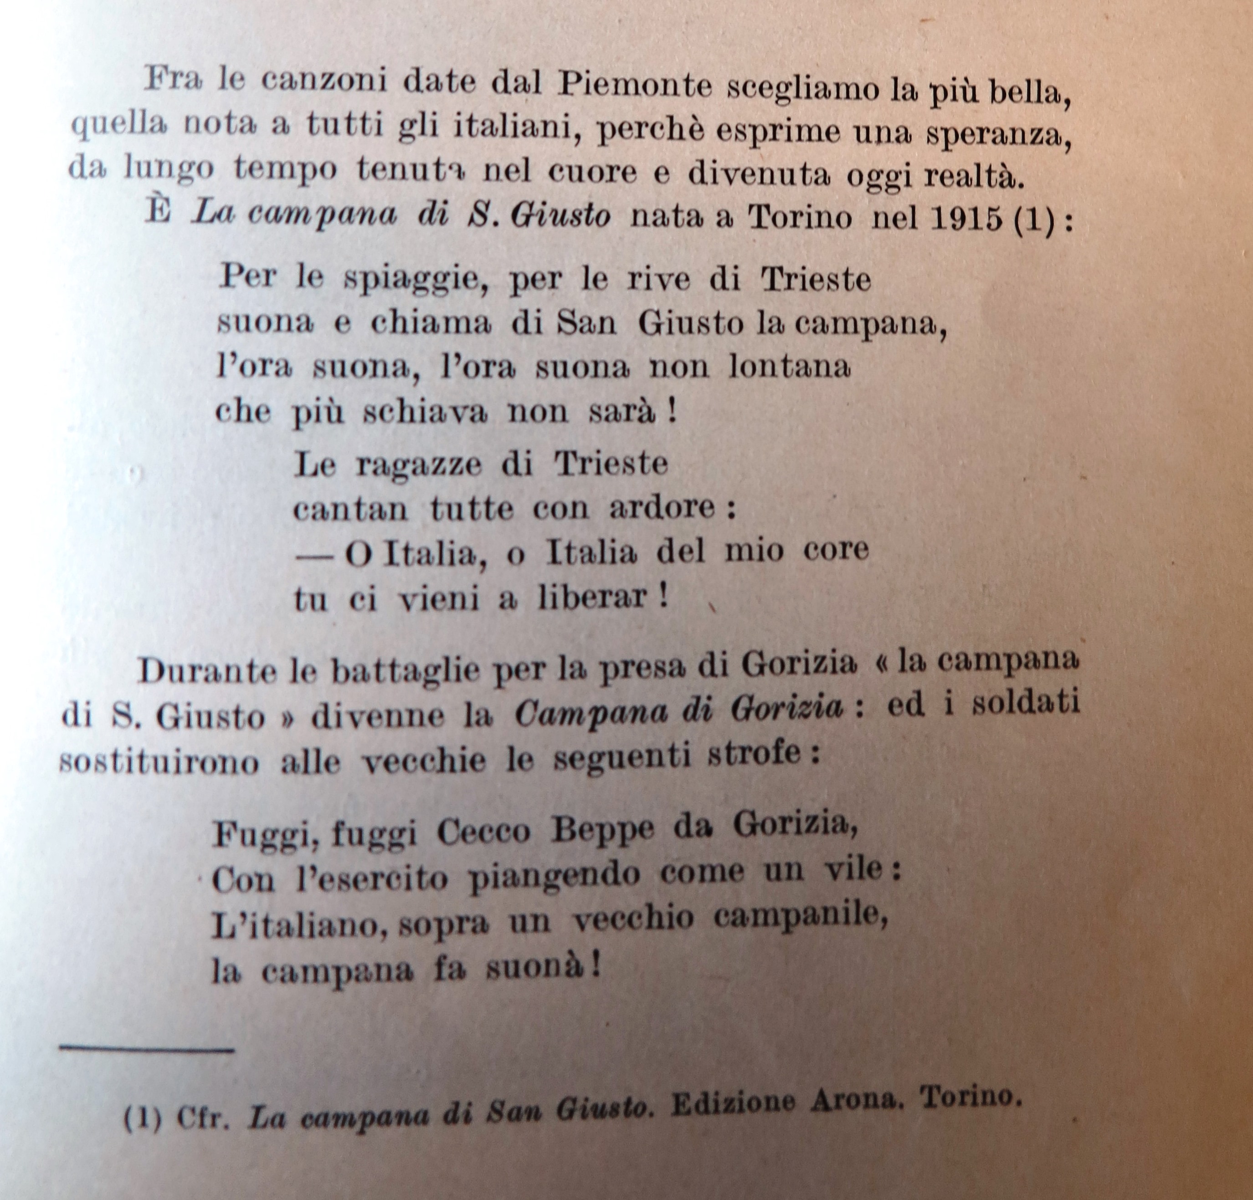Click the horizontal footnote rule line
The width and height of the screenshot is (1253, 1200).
[x=147, y=1048]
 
